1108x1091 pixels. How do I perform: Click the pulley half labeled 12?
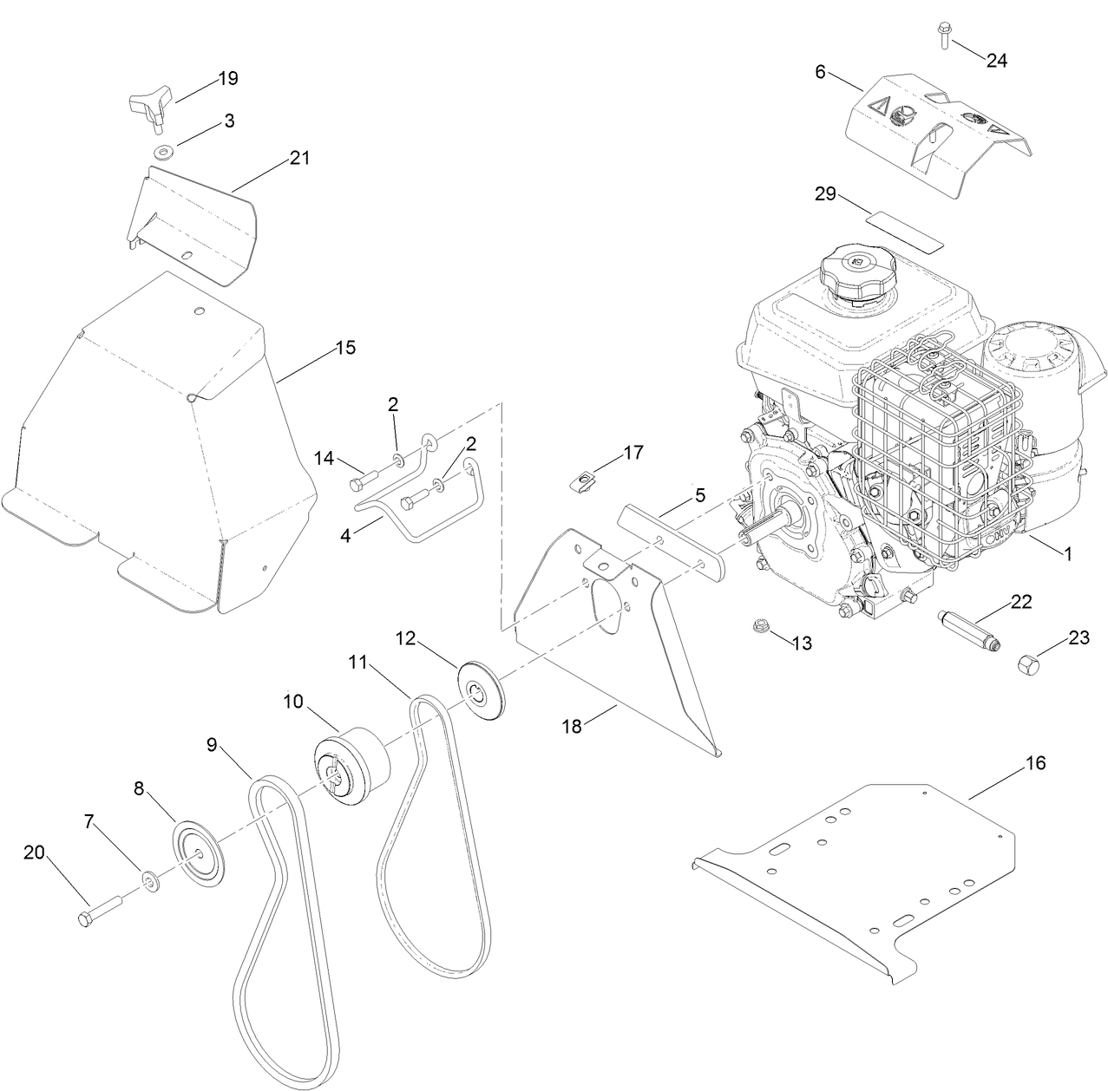482,689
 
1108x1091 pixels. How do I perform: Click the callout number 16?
1035,763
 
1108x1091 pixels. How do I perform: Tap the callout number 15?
345,348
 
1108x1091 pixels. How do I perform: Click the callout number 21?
299,158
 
